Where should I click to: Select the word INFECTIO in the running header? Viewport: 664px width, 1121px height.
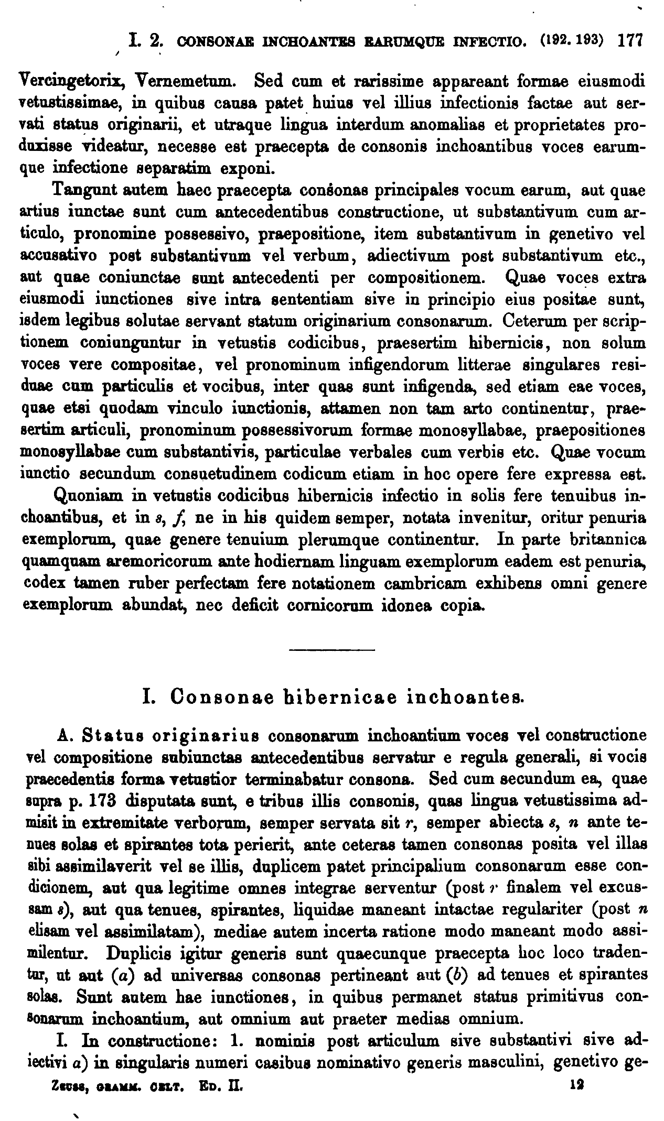click(489, 41)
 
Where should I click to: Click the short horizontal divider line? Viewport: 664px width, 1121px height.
click(333, 651)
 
